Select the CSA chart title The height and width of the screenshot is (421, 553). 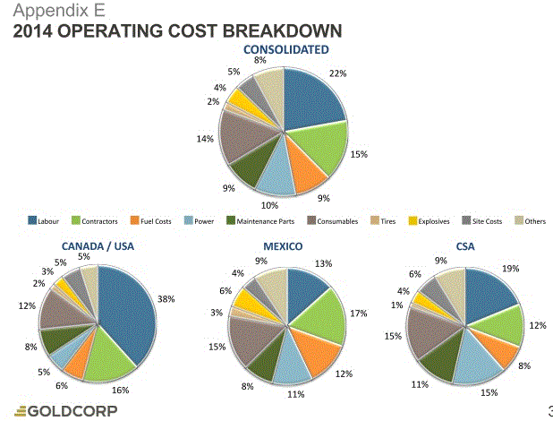tap(464, 245)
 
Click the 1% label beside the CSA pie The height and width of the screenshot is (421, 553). tap(396, 304)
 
